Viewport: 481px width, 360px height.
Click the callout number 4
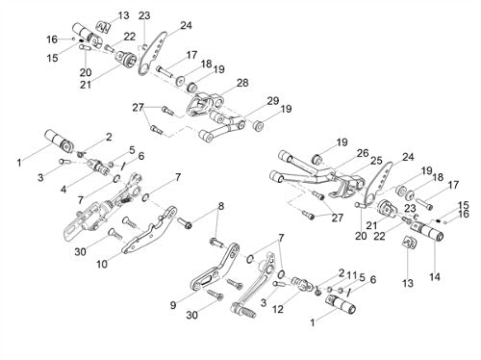(63, 190)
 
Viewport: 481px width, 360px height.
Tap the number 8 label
(220, 207)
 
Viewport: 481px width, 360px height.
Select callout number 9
(173, 305)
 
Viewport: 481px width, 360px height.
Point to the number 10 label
(102, 264)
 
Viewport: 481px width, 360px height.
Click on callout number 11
(352, 275)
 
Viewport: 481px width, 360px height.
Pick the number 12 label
(278, 309)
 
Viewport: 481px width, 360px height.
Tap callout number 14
(435, 276)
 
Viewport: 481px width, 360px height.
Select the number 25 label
(376, 160)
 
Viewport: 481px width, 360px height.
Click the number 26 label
(363, 153)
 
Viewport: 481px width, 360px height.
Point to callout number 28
(242, 83)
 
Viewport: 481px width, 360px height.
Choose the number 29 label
(273, 101)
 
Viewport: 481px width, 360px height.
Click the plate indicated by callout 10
(149, 231)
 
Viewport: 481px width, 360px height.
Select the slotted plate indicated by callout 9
(215, 268)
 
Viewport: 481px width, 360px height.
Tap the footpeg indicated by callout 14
(427, 232)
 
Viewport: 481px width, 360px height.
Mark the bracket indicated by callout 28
(204, 102)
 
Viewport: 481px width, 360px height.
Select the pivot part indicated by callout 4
(97, 166)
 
